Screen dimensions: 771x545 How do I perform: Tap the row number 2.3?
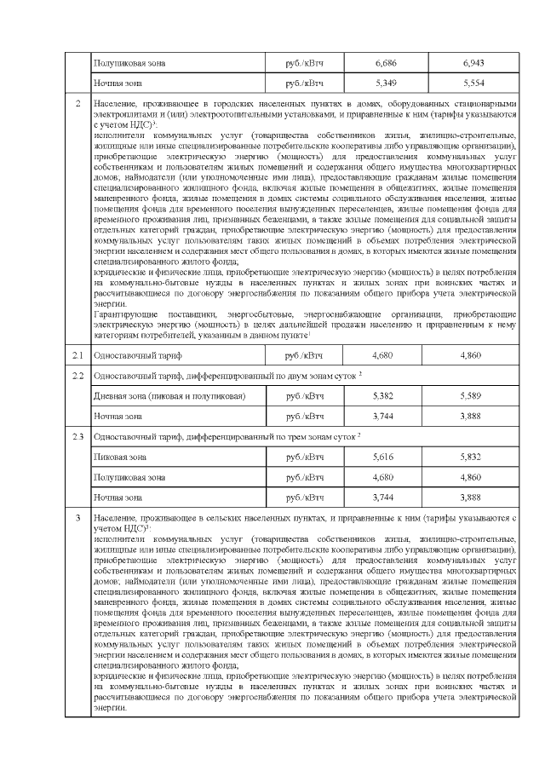coord(77,436)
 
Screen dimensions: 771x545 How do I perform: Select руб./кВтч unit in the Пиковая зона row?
coord(304,457)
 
